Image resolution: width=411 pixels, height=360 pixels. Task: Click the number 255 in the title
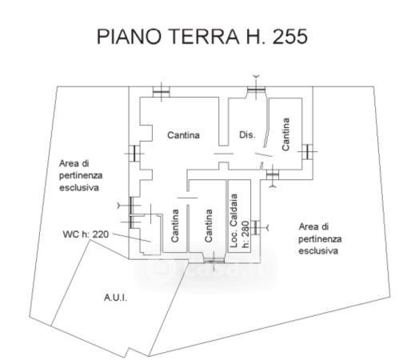tap(290, 36)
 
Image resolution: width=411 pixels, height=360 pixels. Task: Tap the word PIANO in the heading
tap(129, 36)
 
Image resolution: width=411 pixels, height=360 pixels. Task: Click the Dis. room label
tap(247, 134)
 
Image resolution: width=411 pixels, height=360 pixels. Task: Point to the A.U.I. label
tap(115, 298)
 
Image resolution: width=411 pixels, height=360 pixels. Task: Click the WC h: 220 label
tap(86, 234)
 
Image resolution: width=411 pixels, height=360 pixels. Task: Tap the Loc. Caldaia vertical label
tap(233, 221)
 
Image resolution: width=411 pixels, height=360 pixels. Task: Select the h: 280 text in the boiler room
tap(245, 234)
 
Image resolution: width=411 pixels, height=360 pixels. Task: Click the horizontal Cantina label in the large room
tap(183, 135)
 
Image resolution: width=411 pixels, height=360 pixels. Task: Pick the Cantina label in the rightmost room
tap(285, 134)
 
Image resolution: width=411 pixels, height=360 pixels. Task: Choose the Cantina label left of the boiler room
tap(209, 226)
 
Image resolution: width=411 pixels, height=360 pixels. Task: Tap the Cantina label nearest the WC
tap(174, 226)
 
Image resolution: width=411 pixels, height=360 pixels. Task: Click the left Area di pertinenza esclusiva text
tap(81, 175)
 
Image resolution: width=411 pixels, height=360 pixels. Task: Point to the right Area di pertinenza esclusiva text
tap(320, 238)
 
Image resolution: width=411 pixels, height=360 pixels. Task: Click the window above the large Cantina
tap(162, 92)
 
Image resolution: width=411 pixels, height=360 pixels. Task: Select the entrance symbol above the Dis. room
tap(256, 88)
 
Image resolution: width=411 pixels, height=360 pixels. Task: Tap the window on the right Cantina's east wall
tap(308, 151)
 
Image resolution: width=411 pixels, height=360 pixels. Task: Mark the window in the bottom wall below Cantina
tap(213, 260)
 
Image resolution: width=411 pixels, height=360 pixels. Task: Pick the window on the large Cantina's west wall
tap(134, 154)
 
